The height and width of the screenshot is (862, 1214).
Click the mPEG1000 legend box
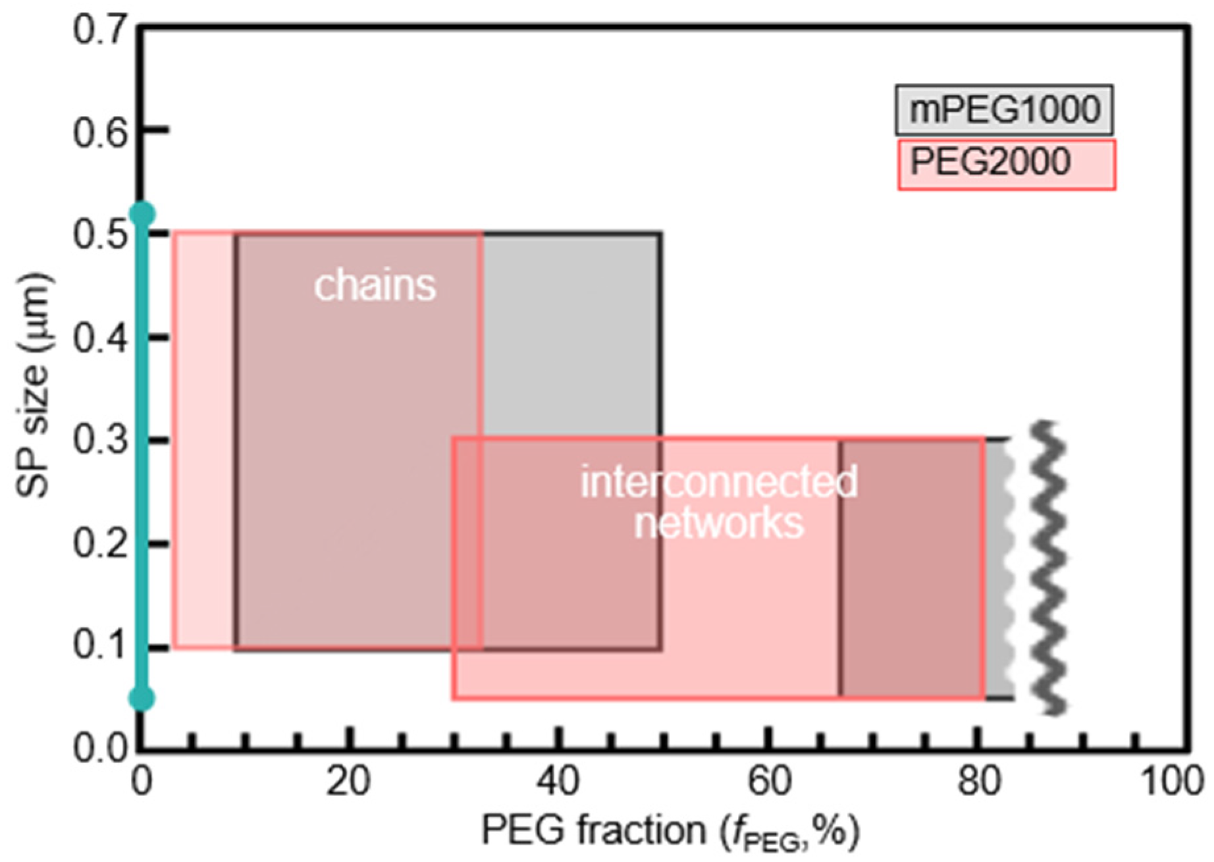click(1003, 110)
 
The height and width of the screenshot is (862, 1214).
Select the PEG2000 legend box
click(1006, 164)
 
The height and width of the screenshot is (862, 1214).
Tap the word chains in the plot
click(375, 285)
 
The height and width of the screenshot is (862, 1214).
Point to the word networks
click(719, 523)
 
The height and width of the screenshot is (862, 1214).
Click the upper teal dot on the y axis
click(142, 214)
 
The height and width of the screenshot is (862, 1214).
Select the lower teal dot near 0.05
click(142, 698)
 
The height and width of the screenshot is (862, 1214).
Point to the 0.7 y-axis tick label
click(99, 30)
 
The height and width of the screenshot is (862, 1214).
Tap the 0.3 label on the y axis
click(99, 441)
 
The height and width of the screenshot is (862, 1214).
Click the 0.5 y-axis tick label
click(99, 235)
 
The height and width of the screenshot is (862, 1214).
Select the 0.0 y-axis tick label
click(99, 749)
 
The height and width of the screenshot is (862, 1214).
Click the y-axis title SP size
click(33, 385)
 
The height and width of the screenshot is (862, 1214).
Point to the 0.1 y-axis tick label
click(99, 646)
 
